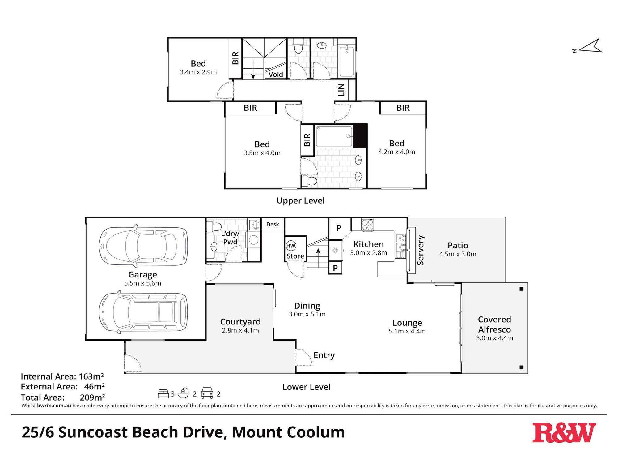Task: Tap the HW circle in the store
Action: [291, 246]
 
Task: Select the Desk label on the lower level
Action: [273, 224]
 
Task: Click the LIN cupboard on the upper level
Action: [341, 90]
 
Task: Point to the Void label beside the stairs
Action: [276, 75]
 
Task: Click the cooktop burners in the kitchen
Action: [368, 225]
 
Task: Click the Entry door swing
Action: [303, 357]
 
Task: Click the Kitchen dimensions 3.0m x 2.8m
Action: [368, 253]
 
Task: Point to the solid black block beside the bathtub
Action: [360, 135]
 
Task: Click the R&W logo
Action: [564, 432]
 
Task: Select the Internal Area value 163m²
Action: [91, 376]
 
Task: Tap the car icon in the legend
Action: [207, 393]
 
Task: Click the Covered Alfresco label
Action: [494, 324]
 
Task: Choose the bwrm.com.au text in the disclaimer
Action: [54, 406]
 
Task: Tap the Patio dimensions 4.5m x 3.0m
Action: [458, 254]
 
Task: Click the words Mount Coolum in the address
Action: [288, 432]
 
